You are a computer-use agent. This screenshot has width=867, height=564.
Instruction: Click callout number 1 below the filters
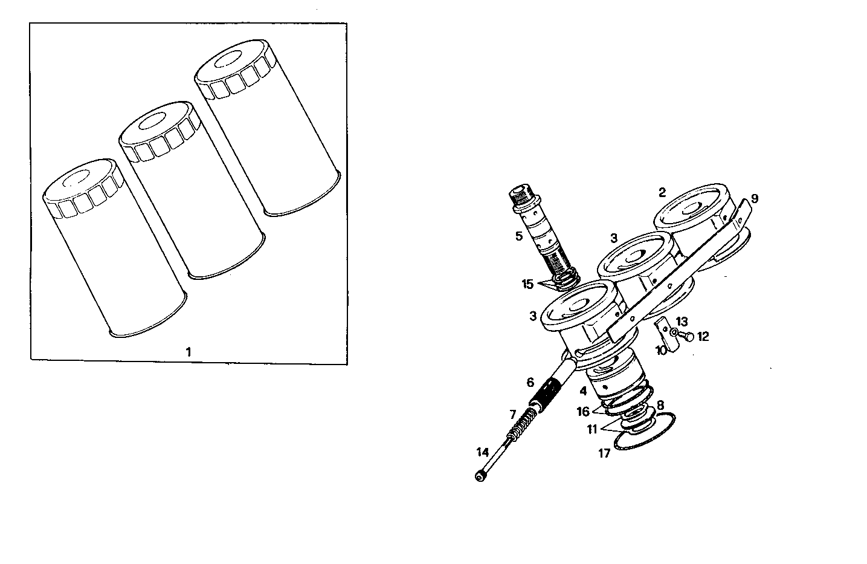pos(189,351)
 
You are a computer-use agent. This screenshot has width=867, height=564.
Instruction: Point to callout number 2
pos(662,193)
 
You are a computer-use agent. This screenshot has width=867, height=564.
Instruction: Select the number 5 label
pos(519,236)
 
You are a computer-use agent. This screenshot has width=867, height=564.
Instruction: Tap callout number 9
pos(755,198)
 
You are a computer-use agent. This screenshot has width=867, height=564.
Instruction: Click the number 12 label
pos(703,336)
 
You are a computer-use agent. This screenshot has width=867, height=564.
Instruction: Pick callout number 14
pos(482,452)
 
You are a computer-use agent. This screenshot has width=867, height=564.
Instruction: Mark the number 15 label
pos(527,284)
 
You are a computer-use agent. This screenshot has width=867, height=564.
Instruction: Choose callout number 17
pos(604,453)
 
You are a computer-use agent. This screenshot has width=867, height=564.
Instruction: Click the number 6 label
pos(530,382)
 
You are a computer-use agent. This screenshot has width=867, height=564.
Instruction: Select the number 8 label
pos(660,405)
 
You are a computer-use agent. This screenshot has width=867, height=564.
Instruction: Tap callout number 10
pos(662,350)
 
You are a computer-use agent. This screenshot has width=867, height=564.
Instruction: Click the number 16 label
pos(582,412)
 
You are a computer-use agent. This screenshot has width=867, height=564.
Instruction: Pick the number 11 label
pos(592,429)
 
